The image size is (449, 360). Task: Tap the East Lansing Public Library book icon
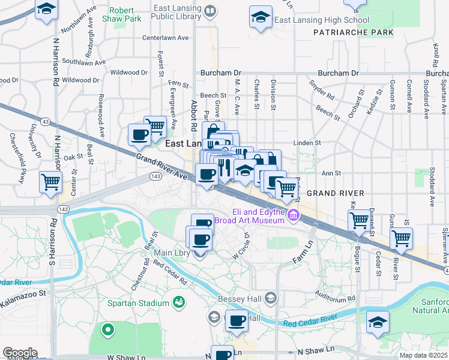(x=210, y=11)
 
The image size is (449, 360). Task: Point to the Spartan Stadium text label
(x=137, y=303)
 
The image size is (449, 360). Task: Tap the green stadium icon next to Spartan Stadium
(x=178, y=301)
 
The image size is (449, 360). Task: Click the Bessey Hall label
(x=241, y=297)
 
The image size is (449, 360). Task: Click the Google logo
(x=20, y=353)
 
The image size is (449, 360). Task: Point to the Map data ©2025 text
(x=424, y=355)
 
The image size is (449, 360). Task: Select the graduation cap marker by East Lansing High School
(x=261, y=17)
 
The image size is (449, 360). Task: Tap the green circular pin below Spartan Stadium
(x=108, y=329)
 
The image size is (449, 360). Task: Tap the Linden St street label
(x=307, y=143)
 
